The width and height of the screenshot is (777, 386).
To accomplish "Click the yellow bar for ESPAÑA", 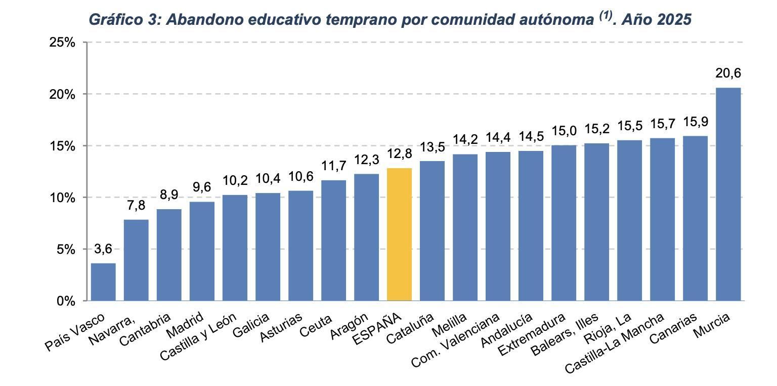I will pos(399,235).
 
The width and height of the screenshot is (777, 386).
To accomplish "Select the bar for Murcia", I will pos(728,195).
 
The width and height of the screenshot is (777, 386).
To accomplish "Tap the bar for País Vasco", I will pos(103,282).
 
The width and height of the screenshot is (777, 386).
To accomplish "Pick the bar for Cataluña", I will pos(432,231).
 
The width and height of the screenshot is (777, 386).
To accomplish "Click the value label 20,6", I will pos(728,73).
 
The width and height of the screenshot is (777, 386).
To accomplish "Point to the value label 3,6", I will pos(103,249).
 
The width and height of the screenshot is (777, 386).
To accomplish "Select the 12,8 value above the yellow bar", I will pos(399,153).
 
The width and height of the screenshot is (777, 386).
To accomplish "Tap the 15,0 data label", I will pos(564,131).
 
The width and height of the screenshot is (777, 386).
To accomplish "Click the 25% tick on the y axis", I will pos(62,43).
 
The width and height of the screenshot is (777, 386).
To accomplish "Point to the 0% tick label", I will pos(65,301).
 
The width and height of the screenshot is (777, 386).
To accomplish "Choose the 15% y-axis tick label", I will pos(62,146).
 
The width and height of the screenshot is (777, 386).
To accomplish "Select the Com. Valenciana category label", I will pos(455,340).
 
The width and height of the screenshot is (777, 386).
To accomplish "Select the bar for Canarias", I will pos(695,218).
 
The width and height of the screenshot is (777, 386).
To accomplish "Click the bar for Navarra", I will pos(136,260).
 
